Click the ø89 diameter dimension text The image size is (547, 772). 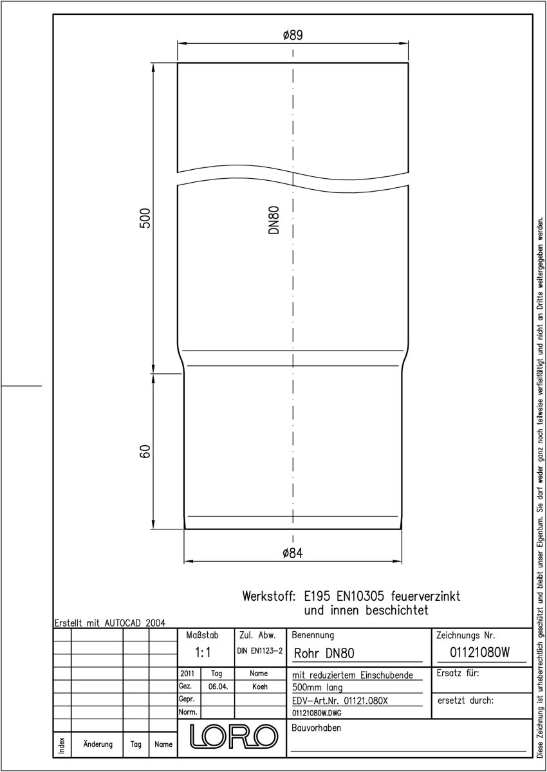coord(293,35)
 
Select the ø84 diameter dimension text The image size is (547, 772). coord(293,553)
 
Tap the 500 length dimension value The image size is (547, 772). coord(145,218)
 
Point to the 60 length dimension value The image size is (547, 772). coord(145,452)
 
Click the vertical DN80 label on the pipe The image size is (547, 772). coord(273,220)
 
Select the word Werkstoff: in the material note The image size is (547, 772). coord(269,596)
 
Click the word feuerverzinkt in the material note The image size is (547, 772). coord(425,596)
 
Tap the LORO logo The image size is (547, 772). coord(234,737)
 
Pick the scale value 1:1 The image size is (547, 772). coord(203,652)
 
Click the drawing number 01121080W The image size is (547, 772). coord(479,652)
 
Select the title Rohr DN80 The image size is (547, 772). coord(324,654)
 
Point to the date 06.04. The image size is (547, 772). coord(218,686)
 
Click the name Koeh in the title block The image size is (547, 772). coord(260,686)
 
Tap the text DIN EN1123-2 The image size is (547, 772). coord(260,651)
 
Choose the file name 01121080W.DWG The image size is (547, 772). coord(317,713)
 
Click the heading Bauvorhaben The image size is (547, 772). coord(317,728)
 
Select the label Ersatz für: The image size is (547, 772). coord(458,673)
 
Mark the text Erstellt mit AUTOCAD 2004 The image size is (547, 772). coord(110,623)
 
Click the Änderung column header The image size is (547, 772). coord(98,744)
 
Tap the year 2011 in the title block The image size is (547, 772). coord(187,674)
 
